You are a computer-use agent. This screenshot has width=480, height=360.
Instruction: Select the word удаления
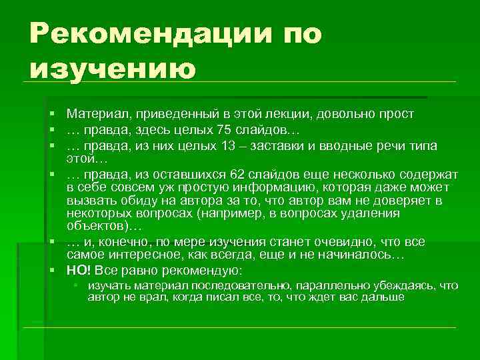click(x=375, y=213)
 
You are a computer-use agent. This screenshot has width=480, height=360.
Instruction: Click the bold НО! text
click(x=79, y=270)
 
